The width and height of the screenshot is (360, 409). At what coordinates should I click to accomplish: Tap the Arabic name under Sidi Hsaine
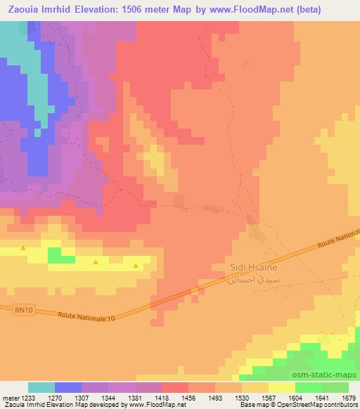click(243, 279)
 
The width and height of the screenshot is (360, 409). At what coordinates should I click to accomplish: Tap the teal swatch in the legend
click(41, 387)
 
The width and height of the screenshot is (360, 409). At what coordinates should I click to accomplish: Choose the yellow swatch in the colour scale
click(282, 387)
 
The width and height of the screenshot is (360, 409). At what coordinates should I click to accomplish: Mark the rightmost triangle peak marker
click(136, 265)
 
